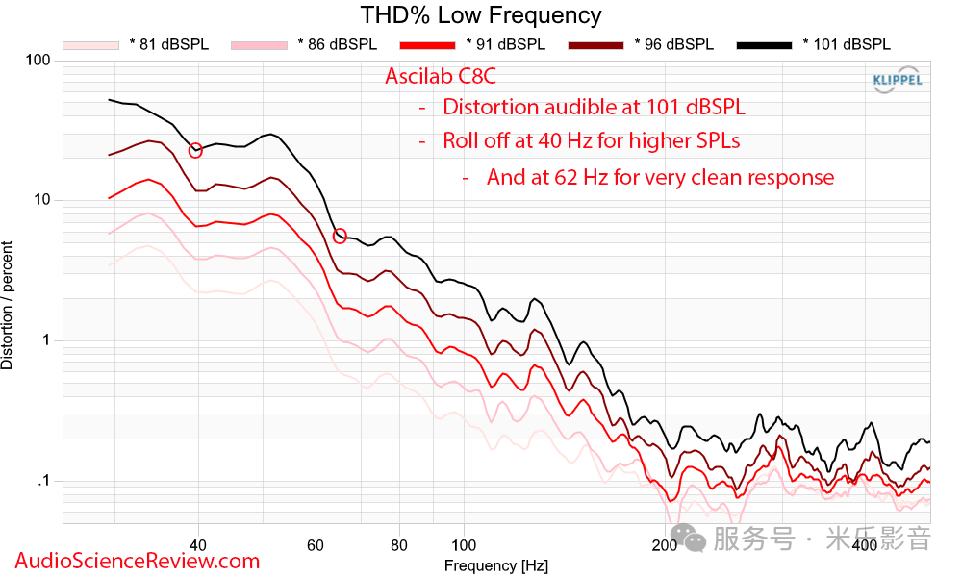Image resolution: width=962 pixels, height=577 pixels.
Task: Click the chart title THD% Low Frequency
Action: coord(481,15)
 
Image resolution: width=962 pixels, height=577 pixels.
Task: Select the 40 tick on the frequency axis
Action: coord(198,545)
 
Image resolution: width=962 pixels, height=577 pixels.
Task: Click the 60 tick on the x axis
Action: coord(315,545)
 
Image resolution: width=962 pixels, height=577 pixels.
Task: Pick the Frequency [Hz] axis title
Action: coord(496,565)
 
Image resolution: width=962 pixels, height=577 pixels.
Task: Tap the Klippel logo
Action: coord(897,81)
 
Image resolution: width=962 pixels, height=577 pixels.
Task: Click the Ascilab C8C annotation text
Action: coord(441,77)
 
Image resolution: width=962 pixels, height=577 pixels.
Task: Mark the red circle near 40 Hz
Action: coord(195,150)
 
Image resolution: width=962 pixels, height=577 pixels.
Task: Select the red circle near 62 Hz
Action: coord(340,236)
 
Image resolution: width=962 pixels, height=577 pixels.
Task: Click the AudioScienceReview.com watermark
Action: coord(138,561)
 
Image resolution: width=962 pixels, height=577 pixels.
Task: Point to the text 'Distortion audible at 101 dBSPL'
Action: coord(594,107)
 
